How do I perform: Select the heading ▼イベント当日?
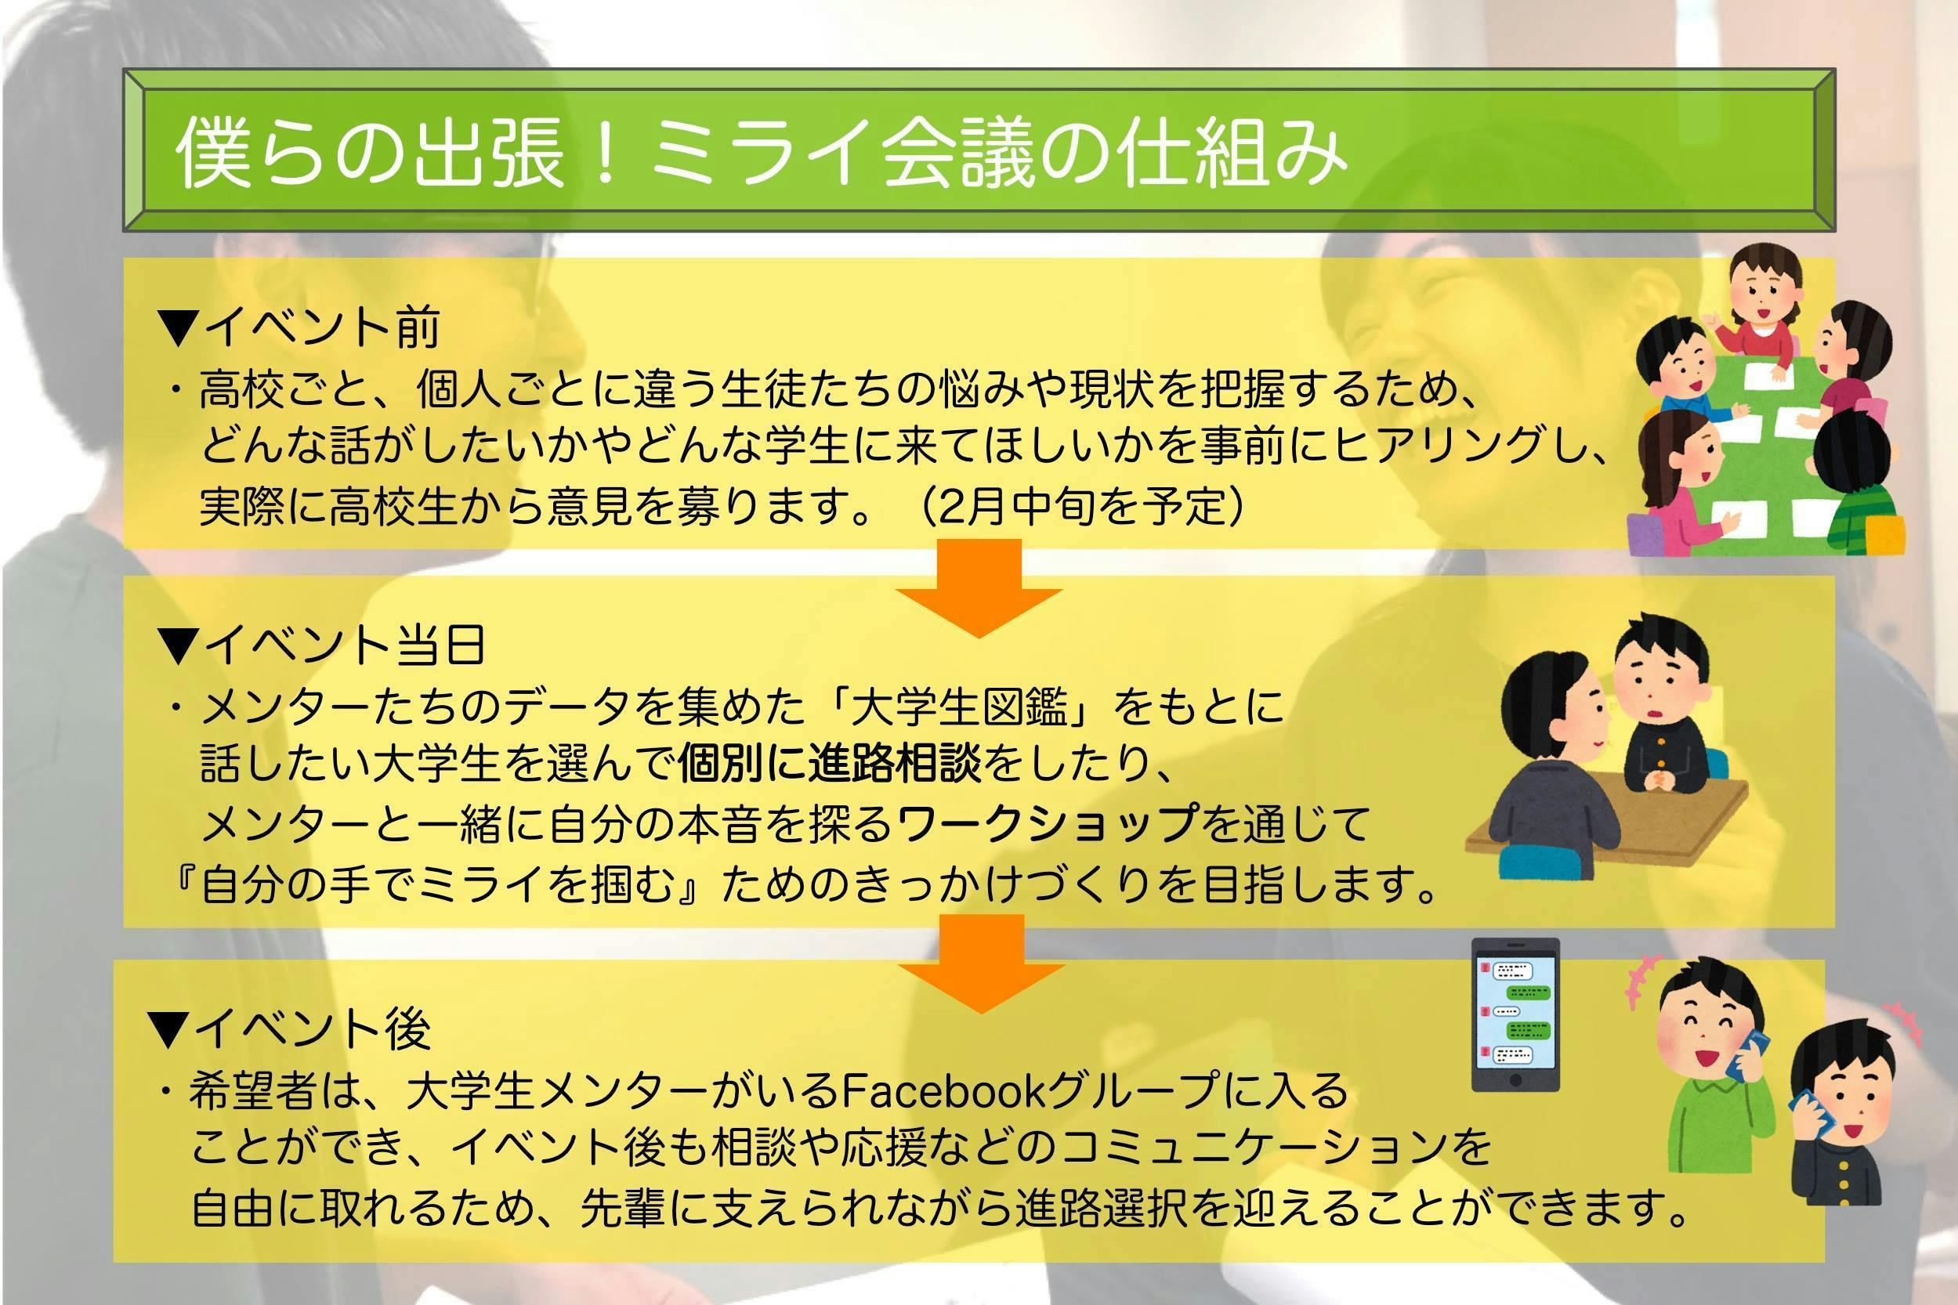[322, 645]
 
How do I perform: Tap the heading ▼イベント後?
[290, 1028]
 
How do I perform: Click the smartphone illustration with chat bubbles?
[1515, 1014]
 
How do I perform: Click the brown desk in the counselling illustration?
[1607, 824]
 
